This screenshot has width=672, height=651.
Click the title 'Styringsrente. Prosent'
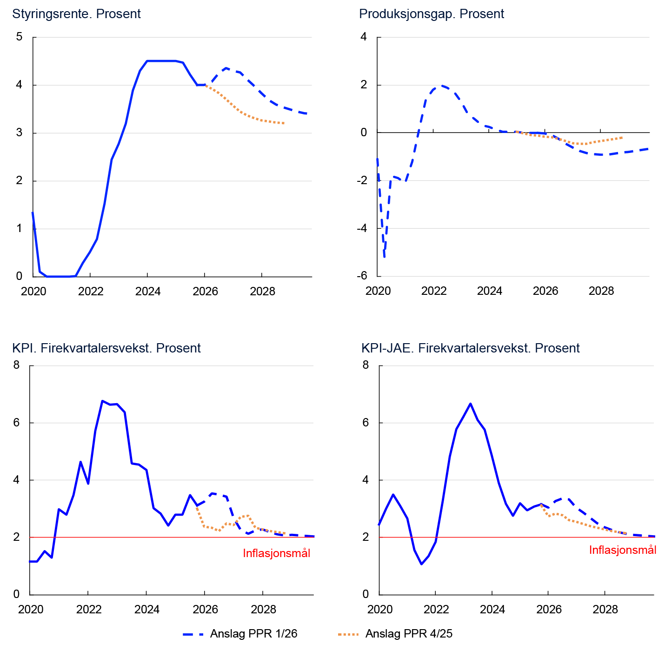76,14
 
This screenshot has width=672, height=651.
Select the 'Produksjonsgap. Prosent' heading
431,14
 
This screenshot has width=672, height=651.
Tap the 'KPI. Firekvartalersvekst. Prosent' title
106,348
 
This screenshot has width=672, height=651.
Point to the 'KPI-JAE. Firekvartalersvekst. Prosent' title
470,348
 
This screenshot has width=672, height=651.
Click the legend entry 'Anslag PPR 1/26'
253,634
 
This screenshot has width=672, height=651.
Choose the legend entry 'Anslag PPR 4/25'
409,634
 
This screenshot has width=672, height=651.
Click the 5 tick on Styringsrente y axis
19,37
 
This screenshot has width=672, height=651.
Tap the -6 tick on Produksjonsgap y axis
362,276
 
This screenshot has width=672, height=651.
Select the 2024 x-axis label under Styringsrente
147,292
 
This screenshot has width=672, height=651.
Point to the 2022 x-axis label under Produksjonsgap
433,292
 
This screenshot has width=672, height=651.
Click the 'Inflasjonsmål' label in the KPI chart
276,553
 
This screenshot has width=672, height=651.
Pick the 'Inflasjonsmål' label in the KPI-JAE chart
622,550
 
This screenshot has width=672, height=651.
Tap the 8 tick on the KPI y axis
17,365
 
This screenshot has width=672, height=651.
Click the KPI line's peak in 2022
102,401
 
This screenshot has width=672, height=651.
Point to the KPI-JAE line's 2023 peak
470,404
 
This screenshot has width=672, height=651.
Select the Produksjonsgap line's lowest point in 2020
384,256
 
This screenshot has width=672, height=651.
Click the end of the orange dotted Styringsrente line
284,123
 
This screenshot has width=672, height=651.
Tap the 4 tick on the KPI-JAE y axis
366,480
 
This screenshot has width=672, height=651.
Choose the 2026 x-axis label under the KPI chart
205,610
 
